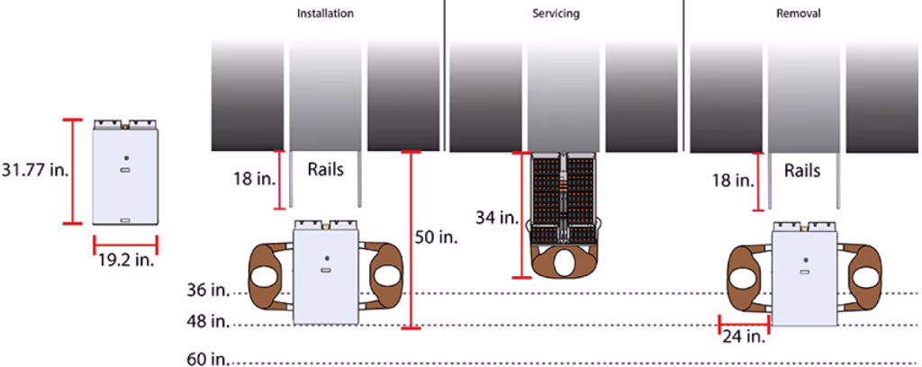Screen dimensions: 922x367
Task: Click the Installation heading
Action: point(325,13)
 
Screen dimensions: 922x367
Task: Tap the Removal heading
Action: point(799,13)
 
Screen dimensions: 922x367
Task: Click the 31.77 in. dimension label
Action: point(35,171)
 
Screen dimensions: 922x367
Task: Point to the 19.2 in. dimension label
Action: point(126,260)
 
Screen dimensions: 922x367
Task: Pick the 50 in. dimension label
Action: point(437,238)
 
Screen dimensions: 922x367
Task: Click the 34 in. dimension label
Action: point(497,218)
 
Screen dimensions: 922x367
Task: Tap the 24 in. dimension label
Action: point(744,337)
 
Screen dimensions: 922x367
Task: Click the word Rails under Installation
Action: point(326,170)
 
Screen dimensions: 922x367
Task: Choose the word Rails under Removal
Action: point(802,170)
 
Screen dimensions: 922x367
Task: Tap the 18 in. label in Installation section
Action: point(254,180)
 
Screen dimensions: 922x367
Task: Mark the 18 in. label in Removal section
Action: point(732,180)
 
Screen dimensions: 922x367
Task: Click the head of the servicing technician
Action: point(565,263)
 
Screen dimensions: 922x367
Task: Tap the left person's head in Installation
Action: point(262,277)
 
